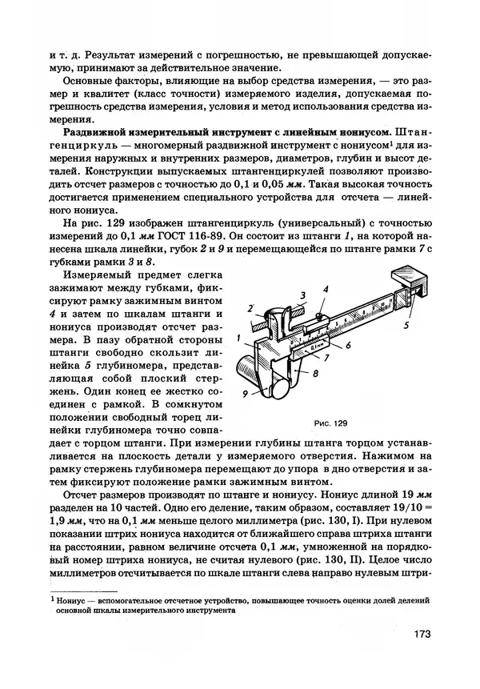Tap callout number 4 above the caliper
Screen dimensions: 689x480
pyautogui.click(x=326, y=289)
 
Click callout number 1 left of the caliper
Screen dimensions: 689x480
pyautogui.click(x=239, y=338)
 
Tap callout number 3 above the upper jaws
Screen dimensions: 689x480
pyautogui.click(x=281, y=294)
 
